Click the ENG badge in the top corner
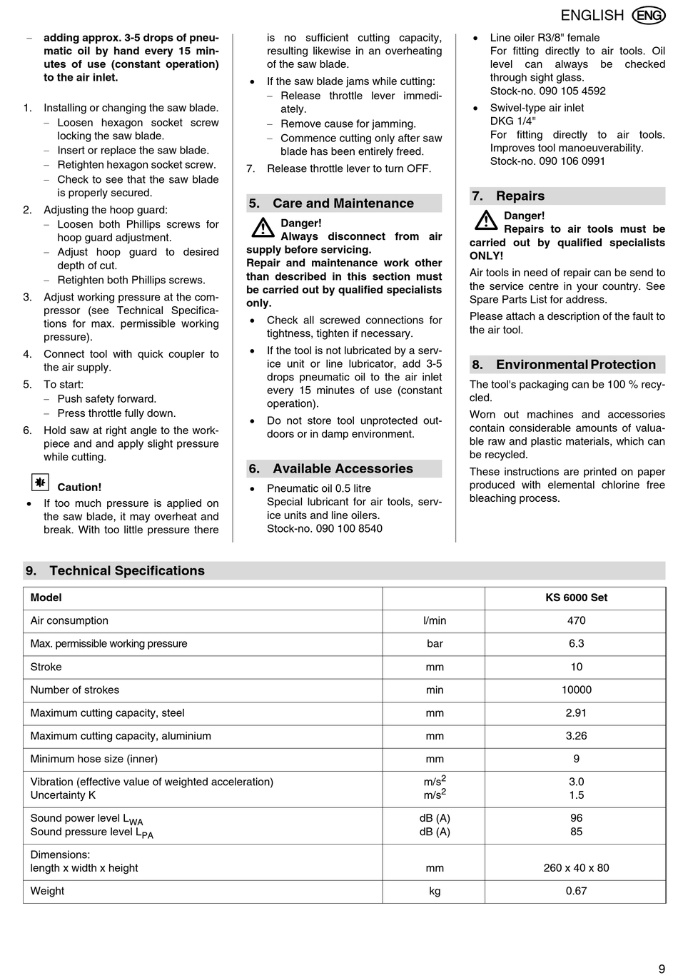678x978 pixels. click(648, 15)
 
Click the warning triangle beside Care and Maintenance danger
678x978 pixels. click(263, 228)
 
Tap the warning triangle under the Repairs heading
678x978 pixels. click(486, 220)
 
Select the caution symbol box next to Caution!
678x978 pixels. click(41, 483)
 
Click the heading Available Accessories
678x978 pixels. click(343, 469)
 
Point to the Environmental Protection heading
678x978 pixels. click(575, 365)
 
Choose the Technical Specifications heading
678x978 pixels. click(127, 571)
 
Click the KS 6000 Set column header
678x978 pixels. click(576, 598)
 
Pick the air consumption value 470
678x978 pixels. click(576, 621)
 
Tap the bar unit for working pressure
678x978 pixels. click(435, 644)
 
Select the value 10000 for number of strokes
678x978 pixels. click(576, 690)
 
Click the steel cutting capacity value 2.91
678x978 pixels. click(576, 713)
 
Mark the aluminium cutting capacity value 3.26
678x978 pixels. click(576, 736)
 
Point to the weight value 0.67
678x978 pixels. click(576, 892)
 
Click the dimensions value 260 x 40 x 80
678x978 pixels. click(576, 869)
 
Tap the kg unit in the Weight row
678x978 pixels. click(435, 892)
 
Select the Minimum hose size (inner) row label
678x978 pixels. click(94, 760)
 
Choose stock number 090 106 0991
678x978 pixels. click(547, 161)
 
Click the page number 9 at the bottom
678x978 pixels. click(662, 969)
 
